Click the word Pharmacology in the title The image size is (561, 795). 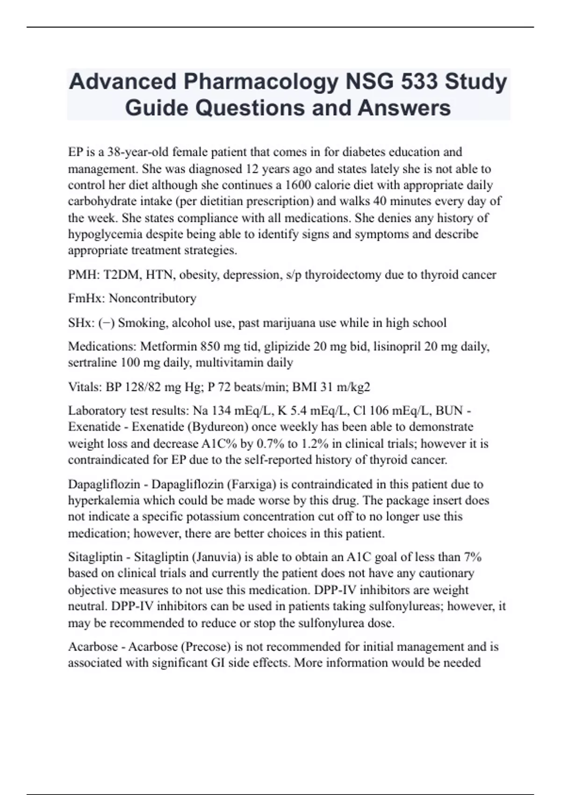tap(261, 81)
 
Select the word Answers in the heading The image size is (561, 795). tap(404, 108)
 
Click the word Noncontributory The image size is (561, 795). tap(152, 298)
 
